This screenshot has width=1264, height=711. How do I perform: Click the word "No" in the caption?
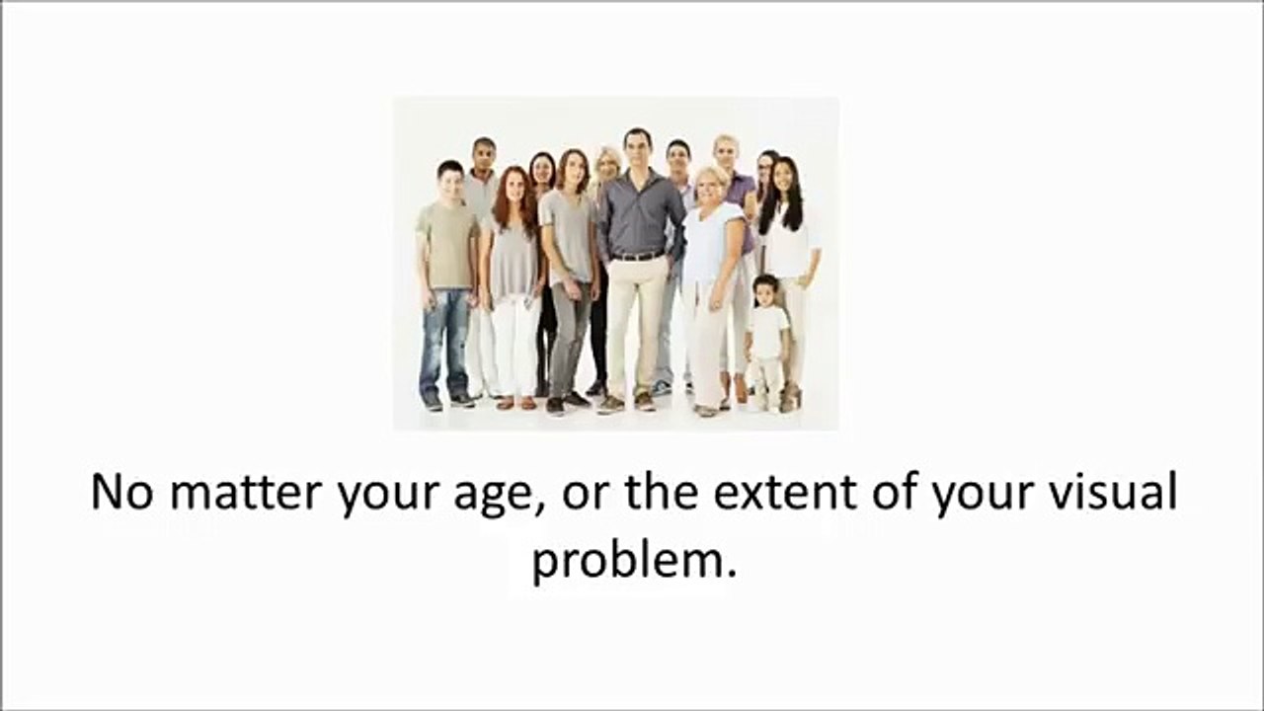point(121,492)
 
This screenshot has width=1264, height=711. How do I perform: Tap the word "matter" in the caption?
point(247,492)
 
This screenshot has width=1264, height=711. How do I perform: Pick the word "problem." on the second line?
point(635,563)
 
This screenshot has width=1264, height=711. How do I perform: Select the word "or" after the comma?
point(585,496)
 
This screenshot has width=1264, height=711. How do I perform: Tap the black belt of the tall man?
point(638,256)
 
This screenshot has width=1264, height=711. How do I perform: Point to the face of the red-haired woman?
point(514,188)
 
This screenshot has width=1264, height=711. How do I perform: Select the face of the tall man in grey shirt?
point(638,149)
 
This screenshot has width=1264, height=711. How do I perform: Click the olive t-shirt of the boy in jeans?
point(448,246)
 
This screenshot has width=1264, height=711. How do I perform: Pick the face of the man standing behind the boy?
point(485,156)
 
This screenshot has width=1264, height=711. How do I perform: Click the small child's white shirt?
point(767,333)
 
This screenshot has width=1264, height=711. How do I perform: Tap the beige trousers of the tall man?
point(637,326)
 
